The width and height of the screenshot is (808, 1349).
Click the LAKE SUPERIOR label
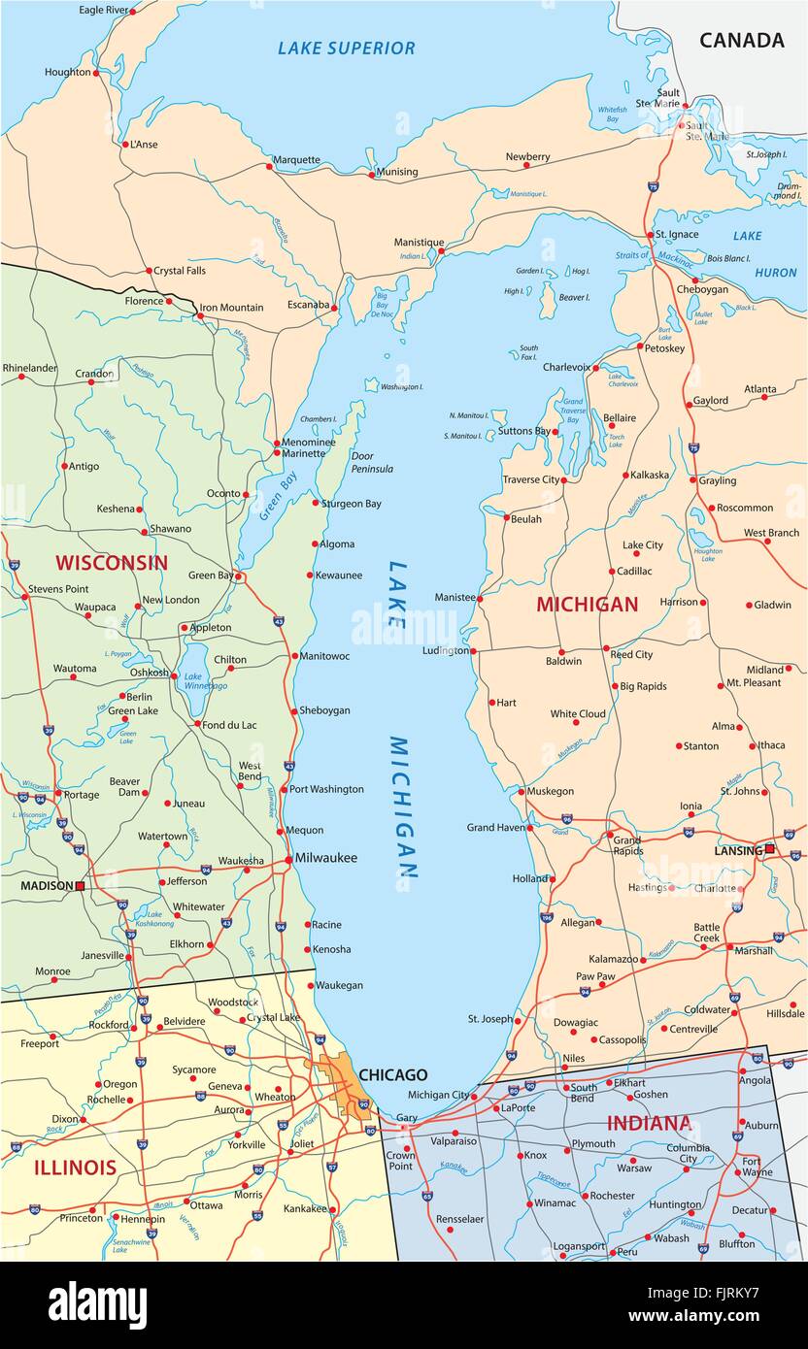pyautogui.click(x=346, y=48)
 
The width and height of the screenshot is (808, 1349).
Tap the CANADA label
pyautogui.click(x=741, y=40)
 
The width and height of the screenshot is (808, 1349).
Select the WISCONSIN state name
pyautogui.click(x=111, y=563)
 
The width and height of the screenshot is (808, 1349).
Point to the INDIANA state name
pyautogui.click(x=649, y=1124)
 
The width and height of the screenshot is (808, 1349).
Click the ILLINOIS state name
pyautogui.click(x=75, y=1168)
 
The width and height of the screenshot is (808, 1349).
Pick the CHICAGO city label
pyautogui.click(x=392, y=1075)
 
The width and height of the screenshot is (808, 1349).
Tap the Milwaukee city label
pyautogui.click(x=326, y=858)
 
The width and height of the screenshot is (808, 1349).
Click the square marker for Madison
pyautogui.click(x=81, y=886)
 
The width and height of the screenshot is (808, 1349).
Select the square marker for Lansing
pyautogui.click(x=769, y=850)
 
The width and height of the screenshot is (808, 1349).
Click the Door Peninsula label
pyautogui.click(x=372, y=462)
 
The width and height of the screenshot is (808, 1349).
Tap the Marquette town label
pyautogui.click(x=296, y=159)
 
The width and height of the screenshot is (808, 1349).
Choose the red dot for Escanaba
pyautogui.click(x=335, y=308)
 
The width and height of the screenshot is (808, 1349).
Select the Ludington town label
pyautogui.click(x=446, y=650)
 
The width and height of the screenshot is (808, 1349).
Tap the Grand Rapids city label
pyautogui.click(x=626, y=844)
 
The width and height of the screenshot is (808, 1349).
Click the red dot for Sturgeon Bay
pyautogui.click(x=316, y=503)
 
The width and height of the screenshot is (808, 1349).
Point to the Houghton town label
pyautogui.click(x=67, y=72)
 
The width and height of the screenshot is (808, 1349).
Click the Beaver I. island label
pyautogui.click(x=574, y=297)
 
